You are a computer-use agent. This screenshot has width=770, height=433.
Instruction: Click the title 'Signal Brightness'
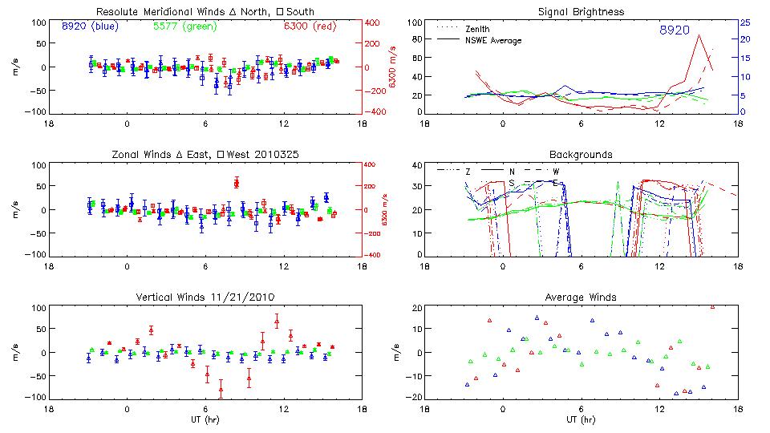pos(579,12)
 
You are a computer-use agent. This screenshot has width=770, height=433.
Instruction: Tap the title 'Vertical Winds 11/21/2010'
pos(205,297)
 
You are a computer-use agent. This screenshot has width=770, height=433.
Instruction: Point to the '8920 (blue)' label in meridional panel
pos(89,26)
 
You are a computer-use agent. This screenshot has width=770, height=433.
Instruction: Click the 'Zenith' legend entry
pos(477,29)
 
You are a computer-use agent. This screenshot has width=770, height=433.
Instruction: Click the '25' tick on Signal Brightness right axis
pos(744,22)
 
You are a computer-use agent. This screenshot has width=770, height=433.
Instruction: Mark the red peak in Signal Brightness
pos(699,34)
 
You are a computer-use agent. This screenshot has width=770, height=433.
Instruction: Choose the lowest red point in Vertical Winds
pos(221,391)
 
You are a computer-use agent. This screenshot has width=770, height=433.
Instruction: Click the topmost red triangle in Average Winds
pos(712,306)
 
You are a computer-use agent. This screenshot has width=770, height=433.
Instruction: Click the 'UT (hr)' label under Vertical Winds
pos(205,419)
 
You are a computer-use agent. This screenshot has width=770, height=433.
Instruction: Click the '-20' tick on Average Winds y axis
pos(413,397)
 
